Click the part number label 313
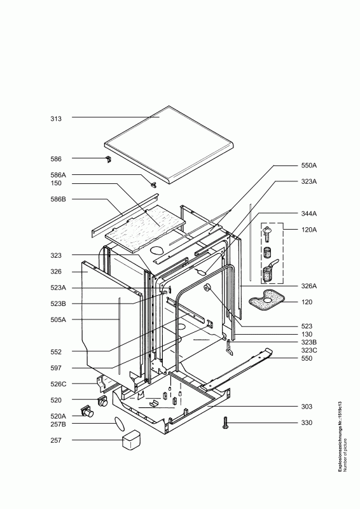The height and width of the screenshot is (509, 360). click(56, 119)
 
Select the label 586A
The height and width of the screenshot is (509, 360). click(58, 176)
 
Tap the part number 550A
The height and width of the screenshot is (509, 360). click(308, 165)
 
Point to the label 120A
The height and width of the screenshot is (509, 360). click(308, 230)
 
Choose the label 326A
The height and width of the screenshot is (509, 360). click(308, 286)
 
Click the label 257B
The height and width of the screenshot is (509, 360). click(58, 424)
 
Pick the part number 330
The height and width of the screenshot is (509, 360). click(307, 422)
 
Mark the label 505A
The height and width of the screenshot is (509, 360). click(58, 320)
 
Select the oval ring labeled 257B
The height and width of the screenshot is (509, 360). click(119, 424)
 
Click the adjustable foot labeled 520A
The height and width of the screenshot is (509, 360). click(87, 411)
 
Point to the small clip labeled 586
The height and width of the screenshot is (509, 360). click(108, 159)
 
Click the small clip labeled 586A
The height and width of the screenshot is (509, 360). click(153, 185)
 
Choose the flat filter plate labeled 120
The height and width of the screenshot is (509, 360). click(267, 300)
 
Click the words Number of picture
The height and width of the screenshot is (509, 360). click(345, 455)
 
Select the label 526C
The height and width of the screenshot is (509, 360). click(58, 384)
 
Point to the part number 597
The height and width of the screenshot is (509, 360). click(56, 368)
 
